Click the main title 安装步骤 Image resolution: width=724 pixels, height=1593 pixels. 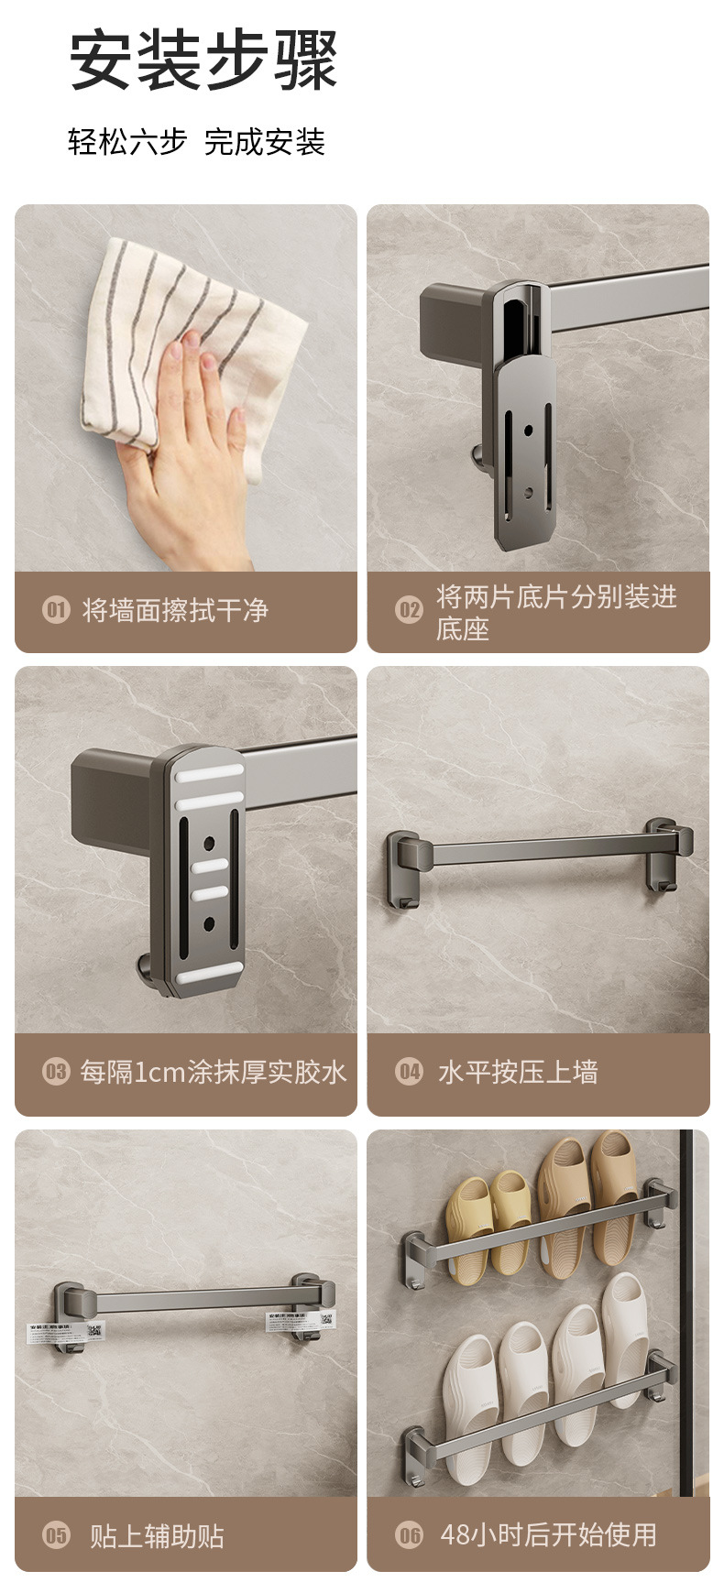(x=203, y=60)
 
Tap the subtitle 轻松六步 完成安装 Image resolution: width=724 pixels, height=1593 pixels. (x=196, y=142)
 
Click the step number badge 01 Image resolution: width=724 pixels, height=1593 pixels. (x=56, y=609)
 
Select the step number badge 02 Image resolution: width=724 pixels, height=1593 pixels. (x=409, y=609)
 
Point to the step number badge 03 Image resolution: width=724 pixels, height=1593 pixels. (x=56, y=1071)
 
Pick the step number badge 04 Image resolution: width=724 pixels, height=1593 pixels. (x=409, y=1071)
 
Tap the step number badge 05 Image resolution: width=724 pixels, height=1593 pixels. (x=56, y=1534)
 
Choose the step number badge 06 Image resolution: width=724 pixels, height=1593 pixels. (x=409, y=1534)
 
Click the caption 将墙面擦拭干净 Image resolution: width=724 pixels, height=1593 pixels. (x=175, y=610)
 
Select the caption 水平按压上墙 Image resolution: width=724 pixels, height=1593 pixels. (x=518, y=1072)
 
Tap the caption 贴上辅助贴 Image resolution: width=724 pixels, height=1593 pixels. (x=157, y=1535)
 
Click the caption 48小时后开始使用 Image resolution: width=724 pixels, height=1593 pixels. (x=548, y=1534)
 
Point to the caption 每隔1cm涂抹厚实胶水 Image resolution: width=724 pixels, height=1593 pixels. (x=213, y=1072)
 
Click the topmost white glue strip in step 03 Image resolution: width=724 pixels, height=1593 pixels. (x=210, y=771)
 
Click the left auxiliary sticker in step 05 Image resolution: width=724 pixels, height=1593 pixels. (x=65, y=1331)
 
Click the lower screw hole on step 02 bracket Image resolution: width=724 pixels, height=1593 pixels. (x=527, y=492)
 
